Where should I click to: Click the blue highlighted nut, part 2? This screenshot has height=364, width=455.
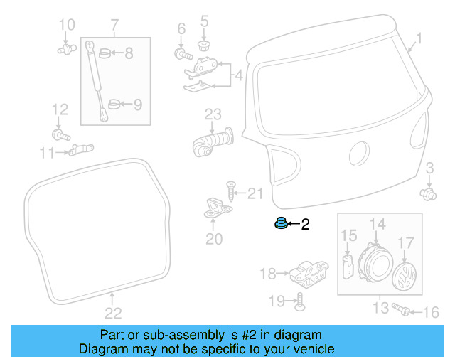(280, 225)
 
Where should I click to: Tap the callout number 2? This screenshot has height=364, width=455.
(306, 225)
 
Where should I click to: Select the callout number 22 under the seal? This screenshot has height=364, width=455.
(113, 312)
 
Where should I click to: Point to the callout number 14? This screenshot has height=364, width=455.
(377, 225)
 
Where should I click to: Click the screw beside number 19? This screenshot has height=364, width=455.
(299, 301)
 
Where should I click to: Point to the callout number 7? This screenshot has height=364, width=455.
(114, 26)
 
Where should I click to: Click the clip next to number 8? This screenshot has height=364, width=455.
(104, 53)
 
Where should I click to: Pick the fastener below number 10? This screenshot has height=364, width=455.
(66, 50)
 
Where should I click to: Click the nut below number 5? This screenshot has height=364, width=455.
(204, 45)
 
